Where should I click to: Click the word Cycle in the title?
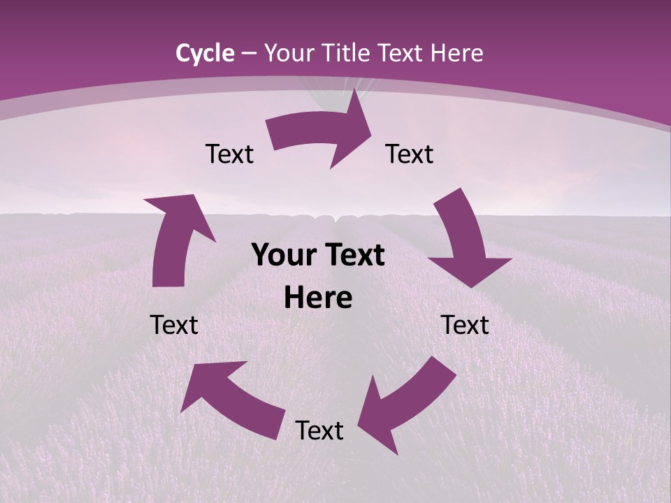(x=205, y=53)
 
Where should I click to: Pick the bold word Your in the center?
(x=282, y=256)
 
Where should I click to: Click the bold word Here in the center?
(x=318, y=298)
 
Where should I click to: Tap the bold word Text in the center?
(x=354, y=256)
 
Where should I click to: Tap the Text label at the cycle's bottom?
(x=319, y=430)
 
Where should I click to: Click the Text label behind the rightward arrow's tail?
(x=229, y=154)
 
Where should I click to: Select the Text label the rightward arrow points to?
(x=410, y=154)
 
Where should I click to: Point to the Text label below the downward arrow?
(x=465, y=325)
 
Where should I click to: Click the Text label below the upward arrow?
(x=174, y=325)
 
